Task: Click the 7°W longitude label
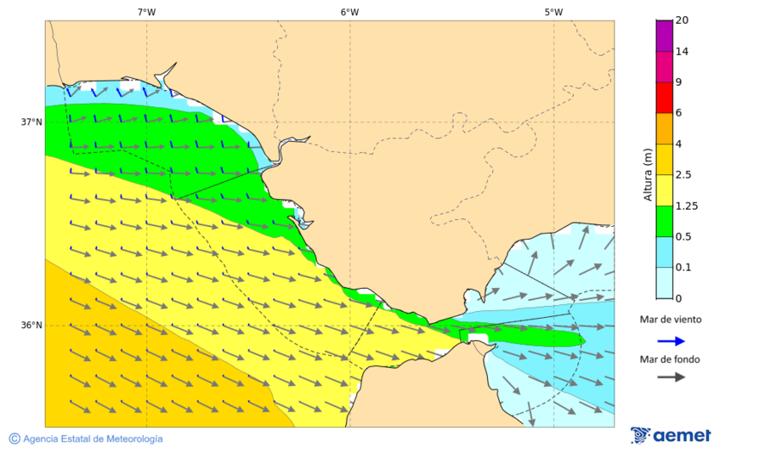146,12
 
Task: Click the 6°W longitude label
349,12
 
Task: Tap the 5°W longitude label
553,12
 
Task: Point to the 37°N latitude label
31,122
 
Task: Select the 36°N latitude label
31,326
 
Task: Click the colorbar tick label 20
681,20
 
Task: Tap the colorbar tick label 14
681,52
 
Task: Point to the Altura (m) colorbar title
648,174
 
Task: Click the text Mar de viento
671,320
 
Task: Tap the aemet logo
671,435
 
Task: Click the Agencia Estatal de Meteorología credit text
93,439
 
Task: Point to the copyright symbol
14,439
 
